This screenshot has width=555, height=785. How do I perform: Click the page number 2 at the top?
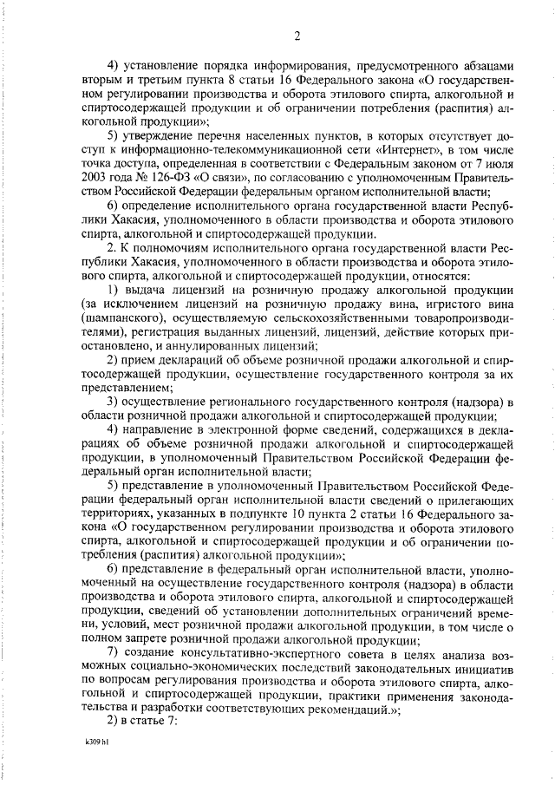click(297, 36)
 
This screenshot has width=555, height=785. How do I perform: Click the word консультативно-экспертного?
click(251, 652)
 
